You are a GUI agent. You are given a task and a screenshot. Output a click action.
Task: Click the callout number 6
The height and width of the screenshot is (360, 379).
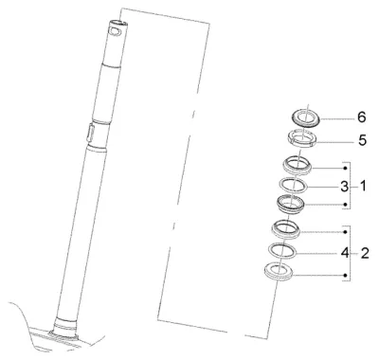362,117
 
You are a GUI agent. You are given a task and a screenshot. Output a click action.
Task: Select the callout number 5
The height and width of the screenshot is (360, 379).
362,140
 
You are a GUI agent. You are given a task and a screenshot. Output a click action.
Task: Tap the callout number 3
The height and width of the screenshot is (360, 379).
344,187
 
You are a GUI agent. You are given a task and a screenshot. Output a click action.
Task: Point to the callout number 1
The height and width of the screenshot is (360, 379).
363,187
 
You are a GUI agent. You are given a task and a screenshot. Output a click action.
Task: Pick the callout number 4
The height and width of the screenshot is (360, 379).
345,253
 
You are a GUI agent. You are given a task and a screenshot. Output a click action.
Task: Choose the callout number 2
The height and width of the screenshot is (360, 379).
365,253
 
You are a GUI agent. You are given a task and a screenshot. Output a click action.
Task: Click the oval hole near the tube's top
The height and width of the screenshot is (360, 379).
115,30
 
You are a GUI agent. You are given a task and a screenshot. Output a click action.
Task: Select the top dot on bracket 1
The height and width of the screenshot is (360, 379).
346,168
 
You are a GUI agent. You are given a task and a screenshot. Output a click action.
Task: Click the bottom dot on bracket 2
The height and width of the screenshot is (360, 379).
346,276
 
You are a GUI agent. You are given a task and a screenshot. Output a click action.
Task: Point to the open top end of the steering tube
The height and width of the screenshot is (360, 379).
118,23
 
